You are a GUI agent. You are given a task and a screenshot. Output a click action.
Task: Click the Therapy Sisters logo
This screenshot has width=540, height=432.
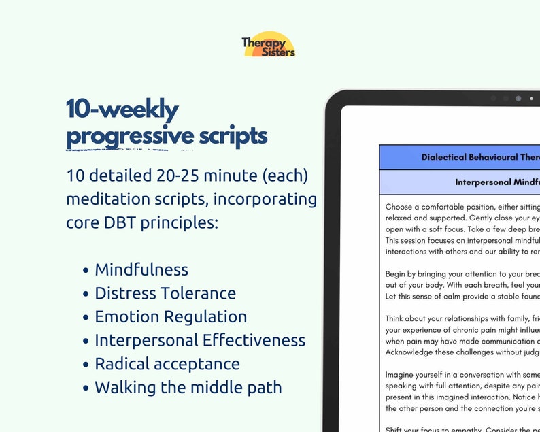269,45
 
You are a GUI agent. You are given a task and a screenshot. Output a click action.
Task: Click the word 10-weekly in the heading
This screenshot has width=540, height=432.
122,109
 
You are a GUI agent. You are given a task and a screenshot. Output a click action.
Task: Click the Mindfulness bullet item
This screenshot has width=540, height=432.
141,269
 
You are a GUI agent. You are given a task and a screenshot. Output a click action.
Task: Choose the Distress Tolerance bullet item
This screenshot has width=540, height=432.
165,293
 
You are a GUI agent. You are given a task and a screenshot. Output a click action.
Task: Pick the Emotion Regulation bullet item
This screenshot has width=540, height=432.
171,316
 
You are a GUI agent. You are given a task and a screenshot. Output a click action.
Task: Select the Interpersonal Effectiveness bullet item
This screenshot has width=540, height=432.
200,340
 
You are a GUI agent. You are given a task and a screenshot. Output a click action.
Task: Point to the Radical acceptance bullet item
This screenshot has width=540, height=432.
167,364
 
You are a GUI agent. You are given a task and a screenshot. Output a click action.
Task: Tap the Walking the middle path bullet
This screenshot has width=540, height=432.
188,388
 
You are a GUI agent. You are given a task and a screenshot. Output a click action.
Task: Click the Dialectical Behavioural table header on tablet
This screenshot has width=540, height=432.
480,157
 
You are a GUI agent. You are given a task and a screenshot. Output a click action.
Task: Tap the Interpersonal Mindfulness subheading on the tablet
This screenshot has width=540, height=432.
497,182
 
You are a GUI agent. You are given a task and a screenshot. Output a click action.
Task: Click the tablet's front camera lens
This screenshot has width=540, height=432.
518,99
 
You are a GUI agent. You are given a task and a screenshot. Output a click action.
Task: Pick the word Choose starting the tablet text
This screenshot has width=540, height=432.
399,206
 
